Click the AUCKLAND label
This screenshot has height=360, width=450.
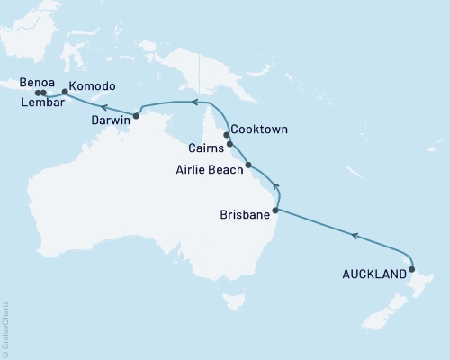click(x=373, y=274)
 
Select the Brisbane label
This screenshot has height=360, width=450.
click(x=244, y=215)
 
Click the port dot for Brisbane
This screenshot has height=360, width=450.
click(x=275, y=211)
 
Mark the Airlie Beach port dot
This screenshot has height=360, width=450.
click(x=248, y=165)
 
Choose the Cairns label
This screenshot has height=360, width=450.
click(x=206, y=148)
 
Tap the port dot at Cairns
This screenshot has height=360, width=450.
click(x=230, y=144)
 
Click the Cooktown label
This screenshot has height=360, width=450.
click(x=259, y=130)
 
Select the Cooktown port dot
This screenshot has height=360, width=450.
click(x=227, y=134)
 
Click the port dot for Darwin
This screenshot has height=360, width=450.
click(x=136, y=115)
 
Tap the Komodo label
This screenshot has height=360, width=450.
click(x=93, y=85)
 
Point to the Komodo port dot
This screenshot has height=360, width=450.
click(x=64, y=90)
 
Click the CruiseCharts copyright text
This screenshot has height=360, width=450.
click(x=5, y=328)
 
